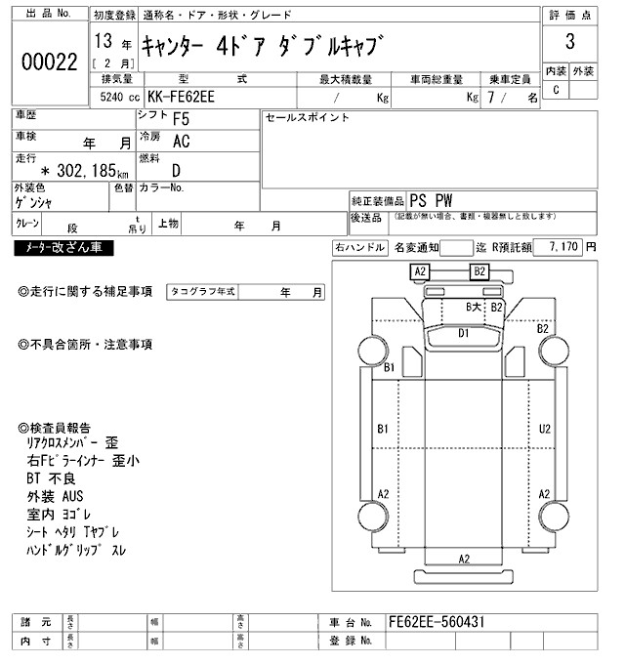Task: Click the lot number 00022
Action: point(49,62)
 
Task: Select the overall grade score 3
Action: point(569,44)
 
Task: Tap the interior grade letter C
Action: point(557,90)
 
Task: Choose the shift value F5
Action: point(181,120)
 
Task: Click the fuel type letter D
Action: point(177,168)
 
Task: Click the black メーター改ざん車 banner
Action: point(63,248)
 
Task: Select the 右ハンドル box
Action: point(359,248)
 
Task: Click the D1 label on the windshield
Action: point(465,333)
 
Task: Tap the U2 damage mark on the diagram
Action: point(545,428)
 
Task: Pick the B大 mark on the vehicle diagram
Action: point(473,308)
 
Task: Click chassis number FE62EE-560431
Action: point(437,622)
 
